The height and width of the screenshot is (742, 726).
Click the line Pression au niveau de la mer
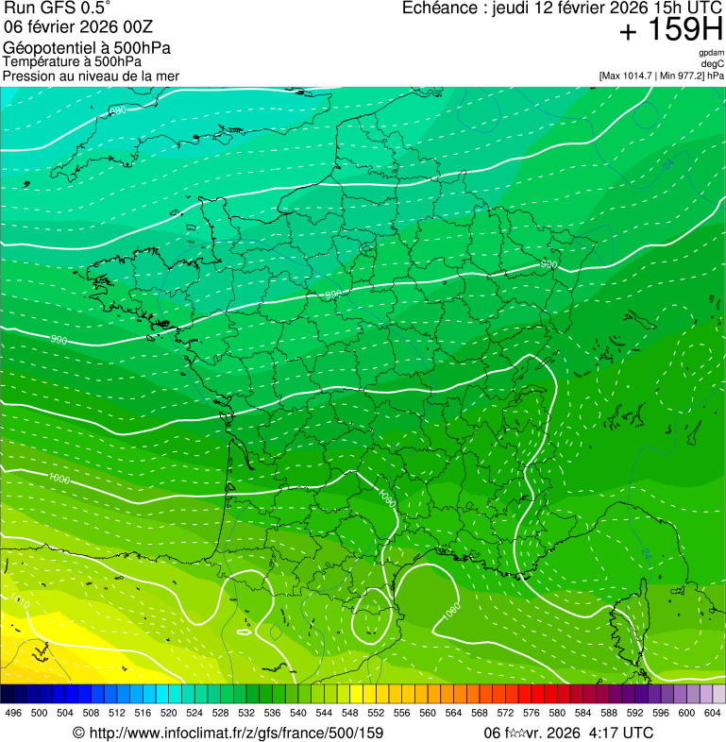[x=91, y=76]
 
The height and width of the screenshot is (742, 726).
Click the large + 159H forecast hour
[x=670, y=31]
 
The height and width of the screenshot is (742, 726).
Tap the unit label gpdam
[x=711, y=53]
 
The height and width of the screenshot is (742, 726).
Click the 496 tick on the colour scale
[x=13, y=713]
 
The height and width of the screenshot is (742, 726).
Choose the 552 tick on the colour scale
[x=375, y=713]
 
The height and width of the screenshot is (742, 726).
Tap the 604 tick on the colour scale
[x=713, y=713]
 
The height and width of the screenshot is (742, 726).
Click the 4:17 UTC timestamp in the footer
[x=619, y=733]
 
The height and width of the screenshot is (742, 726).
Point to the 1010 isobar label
[x=21, y=601]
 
